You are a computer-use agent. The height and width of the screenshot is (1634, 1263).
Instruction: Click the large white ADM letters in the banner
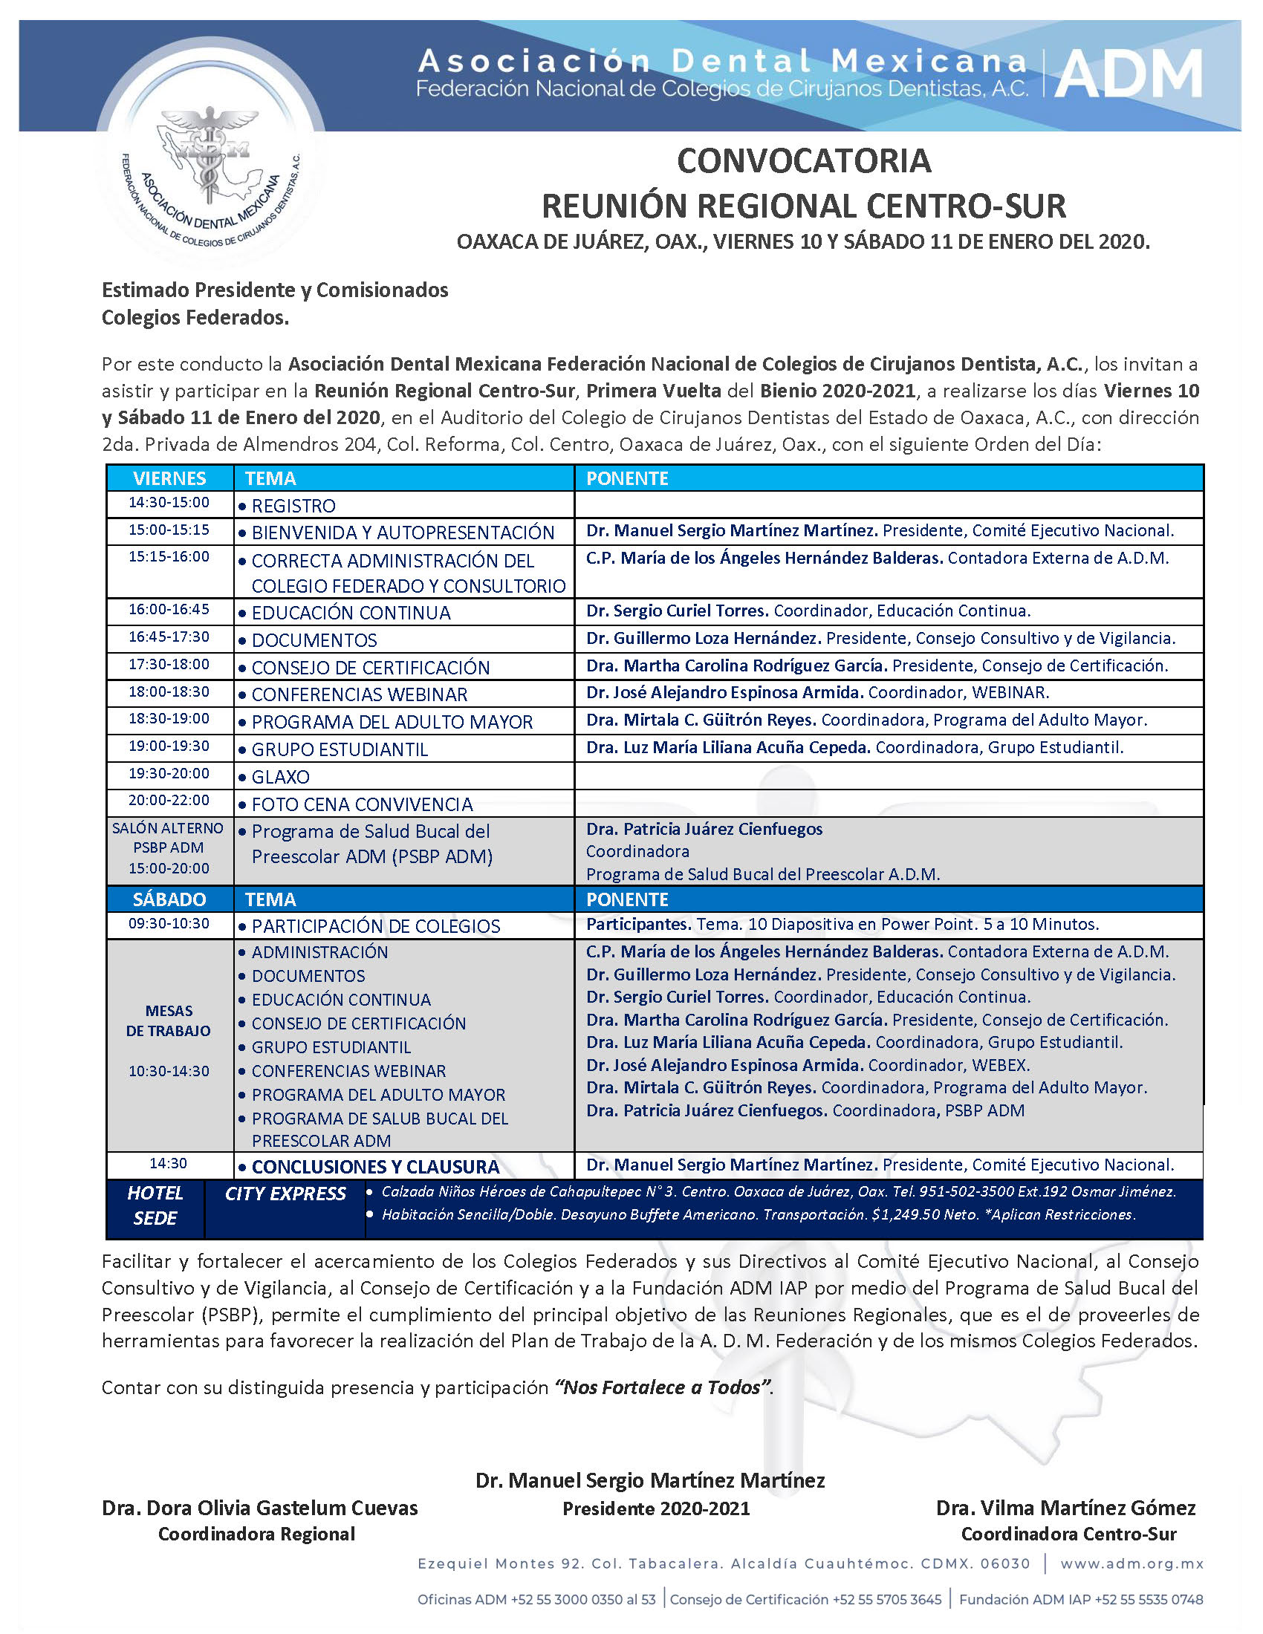1129,74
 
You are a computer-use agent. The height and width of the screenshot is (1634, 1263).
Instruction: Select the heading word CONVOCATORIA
804,161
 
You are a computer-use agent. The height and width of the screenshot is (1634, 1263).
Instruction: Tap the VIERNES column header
170,478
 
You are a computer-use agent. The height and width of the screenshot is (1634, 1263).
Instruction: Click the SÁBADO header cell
169,899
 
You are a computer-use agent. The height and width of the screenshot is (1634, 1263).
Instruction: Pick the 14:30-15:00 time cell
169,503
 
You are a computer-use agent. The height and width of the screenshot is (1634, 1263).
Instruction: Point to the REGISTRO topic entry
293,506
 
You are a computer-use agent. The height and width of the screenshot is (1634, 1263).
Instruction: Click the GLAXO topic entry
281,777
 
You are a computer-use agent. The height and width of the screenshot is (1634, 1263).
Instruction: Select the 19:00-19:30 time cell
169,746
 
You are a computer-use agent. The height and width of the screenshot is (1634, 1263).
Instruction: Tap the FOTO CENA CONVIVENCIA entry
362,804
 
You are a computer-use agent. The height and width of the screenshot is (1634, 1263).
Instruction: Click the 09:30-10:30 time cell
169,924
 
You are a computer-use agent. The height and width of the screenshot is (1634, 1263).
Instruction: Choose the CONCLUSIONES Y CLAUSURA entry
376,1167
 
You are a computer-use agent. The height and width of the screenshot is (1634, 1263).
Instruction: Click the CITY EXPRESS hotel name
285,1194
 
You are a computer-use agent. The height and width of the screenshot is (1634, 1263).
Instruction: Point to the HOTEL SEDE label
155,1205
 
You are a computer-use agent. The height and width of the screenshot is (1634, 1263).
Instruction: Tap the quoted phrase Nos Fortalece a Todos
662,1388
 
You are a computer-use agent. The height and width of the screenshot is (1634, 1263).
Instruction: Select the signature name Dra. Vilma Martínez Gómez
1066,1508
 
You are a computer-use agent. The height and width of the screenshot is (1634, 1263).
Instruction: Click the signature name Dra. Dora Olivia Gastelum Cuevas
259,1508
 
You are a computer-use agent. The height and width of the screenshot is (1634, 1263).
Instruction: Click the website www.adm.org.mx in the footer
1132,1563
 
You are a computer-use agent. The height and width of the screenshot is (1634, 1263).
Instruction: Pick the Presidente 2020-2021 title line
656,1508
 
